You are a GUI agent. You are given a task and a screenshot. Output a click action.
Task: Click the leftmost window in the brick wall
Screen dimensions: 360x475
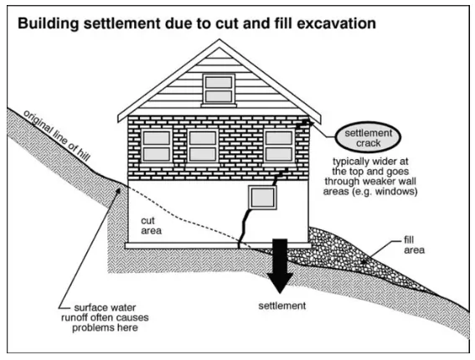157,145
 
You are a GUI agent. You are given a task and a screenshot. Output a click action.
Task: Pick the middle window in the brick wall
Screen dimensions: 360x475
202,145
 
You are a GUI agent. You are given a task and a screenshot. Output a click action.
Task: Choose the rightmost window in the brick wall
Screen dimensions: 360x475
278,145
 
